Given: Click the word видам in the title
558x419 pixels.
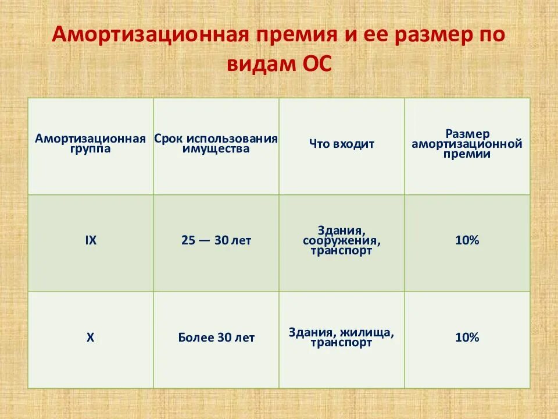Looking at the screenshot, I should [260, 65].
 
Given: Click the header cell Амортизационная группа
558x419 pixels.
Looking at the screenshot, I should [90, 144].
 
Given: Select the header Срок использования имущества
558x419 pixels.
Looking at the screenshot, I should [216, 144].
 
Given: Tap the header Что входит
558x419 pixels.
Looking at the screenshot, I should [341, 144].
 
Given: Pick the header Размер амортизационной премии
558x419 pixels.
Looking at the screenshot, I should [467, 144].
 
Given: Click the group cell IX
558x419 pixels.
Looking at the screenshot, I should [90, 240].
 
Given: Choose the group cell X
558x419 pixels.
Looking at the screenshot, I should [90, 337].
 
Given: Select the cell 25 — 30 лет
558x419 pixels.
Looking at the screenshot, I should [216, 240].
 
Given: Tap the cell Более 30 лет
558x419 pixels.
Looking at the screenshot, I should [216, 338].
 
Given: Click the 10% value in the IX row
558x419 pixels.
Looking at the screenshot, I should [467, 240].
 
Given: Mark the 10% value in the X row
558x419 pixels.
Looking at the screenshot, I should [467, 337].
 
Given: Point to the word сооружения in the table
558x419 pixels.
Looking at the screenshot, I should [341, 240].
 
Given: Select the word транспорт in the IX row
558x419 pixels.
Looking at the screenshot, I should [341, 251].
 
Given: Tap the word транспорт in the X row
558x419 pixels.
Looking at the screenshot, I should [341, 343].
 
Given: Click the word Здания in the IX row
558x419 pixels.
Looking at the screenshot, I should [341, 230].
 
